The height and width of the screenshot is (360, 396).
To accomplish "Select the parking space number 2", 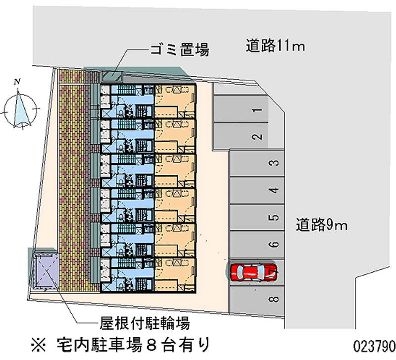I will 241,136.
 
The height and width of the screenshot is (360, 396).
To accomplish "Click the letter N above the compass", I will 17,82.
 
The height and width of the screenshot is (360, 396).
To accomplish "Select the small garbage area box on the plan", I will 113,76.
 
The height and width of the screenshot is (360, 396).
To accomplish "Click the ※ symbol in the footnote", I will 39,343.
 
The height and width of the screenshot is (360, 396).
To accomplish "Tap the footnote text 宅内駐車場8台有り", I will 134,343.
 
